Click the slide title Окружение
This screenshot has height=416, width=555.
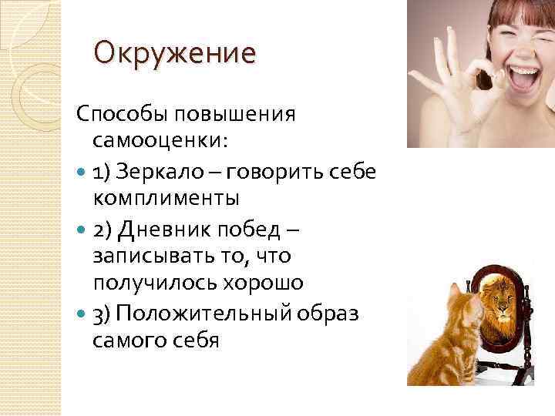174,55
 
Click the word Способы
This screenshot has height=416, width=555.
123,115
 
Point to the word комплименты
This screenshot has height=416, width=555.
166,198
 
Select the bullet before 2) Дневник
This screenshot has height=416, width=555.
82,228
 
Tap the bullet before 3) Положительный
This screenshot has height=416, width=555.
82,313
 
